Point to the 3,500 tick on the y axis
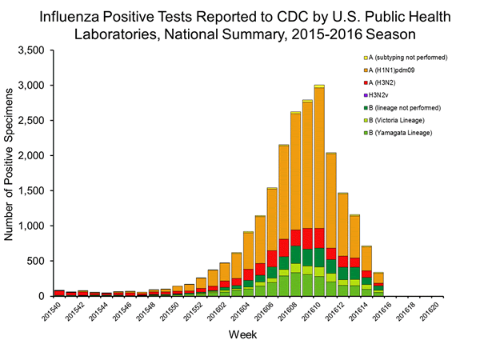[31, 50]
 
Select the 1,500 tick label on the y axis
[31, 190]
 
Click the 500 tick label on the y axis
[37, 261]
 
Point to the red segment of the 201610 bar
[319, 238]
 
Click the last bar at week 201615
[378, 284]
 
